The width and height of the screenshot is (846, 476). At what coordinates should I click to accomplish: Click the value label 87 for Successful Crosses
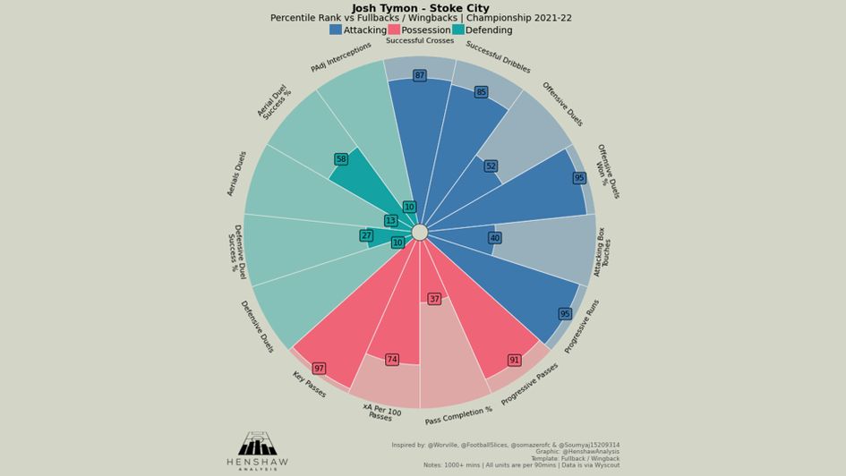(419, 76)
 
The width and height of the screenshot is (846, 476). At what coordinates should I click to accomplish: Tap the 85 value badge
(481, 92)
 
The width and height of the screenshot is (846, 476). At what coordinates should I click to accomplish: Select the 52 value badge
(491, 166)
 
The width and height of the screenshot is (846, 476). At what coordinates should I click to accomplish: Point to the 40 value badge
(494, 238)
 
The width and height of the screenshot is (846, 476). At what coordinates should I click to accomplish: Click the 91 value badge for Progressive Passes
(514, 360)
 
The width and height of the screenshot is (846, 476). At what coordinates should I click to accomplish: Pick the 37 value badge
(434, 299)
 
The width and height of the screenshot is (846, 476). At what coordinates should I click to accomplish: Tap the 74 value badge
(392, 360)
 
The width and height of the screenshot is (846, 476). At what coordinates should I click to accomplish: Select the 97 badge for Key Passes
(319, 369)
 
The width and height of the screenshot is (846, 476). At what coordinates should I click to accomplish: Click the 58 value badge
(341, 159)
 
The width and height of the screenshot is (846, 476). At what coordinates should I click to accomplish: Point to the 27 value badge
(366, 236)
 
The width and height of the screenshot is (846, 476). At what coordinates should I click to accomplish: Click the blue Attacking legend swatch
(336, 30)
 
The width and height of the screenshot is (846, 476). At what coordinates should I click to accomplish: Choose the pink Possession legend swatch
(394, 30)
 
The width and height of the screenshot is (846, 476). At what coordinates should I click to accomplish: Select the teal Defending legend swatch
(458, 30)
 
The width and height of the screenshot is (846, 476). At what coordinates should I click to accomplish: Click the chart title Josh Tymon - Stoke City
(421, 8)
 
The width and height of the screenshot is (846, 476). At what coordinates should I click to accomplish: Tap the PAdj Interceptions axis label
(341, 57)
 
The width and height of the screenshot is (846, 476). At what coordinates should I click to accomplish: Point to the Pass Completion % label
(458, 416)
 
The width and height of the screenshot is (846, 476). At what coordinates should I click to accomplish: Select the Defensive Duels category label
(257, 327)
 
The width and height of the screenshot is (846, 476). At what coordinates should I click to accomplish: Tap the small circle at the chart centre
(420, 233)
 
